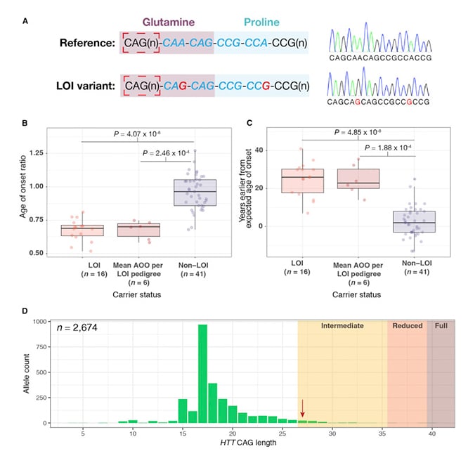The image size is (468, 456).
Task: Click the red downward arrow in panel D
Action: (303, 408)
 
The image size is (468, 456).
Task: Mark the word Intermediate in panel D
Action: (342, 327)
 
